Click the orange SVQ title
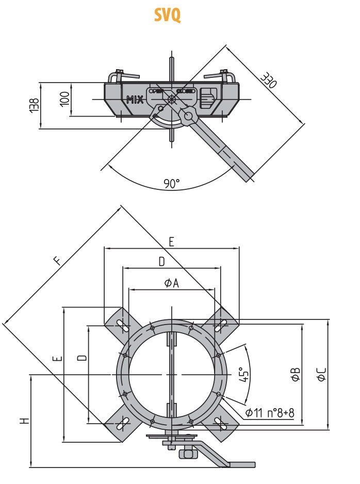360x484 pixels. coord(167,15)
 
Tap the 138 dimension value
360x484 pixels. coord(34,105)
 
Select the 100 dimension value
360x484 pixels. coord(64,98)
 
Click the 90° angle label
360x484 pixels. coord(172,183)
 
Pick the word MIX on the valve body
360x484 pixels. coord(135,100)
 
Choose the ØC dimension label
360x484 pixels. coord(321,374)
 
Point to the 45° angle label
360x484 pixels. coord(244,374)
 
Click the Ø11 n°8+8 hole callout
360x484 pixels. coord(270,413)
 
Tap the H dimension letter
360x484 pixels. coord(24,421)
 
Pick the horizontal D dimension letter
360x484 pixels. coord(161,262)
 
